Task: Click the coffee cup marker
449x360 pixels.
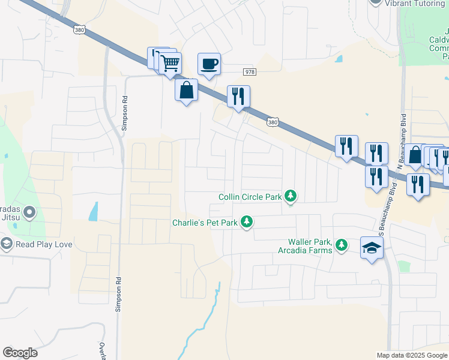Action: (209, 64)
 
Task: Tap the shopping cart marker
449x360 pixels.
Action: (170, 62)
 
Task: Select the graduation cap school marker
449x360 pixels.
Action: (372, 247)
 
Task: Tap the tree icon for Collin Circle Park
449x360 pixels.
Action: (291, 196)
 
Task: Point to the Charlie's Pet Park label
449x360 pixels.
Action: (205, 223)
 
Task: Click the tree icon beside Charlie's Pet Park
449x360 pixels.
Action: (246, 223)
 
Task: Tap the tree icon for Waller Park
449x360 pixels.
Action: (342, 245)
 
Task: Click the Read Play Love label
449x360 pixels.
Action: (44, 244)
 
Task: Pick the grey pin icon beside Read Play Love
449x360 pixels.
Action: (7, 244)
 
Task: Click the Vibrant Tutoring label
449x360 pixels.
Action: (415, 3)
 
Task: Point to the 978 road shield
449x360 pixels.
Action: (250, 72)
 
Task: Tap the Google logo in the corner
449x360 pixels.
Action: (20, 353)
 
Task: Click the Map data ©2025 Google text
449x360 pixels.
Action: (411, 355)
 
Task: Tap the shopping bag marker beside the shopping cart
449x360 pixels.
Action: (187, 91)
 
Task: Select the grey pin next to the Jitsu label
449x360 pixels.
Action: (28, 212)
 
